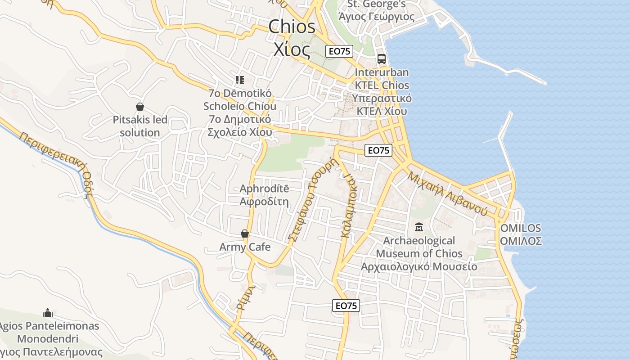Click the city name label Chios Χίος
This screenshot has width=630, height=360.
point(292,38)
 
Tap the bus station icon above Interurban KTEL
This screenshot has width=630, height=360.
point(382,58)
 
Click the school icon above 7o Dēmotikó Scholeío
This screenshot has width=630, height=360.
point(240,80)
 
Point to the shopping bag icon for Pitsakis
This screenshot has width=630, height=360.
point(140,107)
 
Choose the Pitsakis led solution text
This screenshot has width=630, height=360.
point(140,126)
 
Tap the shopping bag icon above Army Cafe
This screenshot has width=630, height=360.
point(245,234)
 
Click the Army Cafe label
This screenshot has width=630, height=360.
point(245,247)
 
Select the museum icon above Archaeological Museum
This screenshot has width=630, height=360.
point(419,227)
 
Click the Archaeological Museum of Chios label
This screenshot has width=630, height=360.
point(419,253)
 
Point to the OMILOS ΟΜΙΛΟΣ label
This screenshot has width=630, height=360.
point(521,234)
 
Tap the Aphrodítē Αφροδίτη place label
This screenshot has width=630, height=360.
point(264,195)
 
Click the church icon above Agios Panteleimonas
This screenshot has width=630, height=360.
point(48,312)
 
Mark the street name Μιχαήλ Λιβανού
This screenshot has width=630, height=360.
point(447,193)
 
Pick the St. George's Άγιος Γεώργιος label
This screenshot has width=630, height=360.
point(376,11)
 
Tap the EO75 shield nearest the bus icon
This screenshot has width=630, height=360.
point(340,51)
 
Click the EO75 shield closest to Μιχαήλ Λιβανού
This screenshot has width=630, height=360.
point(378,150)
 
